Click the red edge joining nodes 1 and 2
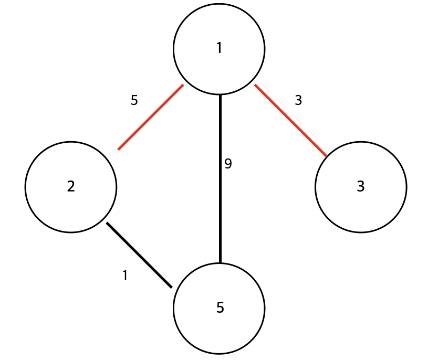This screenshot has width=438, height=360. [x=151, y=117]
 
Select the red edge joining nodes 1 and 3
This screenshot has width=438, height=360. [x=290, y=121]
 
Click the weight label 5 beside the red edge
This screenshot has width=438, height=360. [x=134, y=100]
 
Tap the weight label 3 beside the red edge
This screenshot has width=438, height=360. [x=298, y=100]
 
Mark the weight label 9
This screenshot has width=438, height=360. [x=228, y=164]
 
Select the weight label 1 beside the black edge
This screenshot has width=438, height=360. [x=125, y=276]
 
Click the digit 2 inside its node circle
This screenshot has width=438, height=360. [x=71, y=186]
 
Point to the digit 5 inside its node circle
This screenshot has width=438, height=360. [x=220, y=308]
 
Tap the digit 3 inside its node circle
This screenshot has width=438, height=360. [x=361, y=186]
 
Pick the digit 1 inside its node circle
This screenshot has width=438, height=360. [x=219, y=48]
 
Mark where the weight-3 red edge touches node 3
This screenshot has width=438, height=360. [x=326, y=156]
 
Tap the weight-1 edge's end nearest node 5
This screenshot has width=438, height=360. [x=172, y=288]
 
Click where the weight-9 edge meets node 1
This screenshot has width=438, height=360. [x=220, y=96]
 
